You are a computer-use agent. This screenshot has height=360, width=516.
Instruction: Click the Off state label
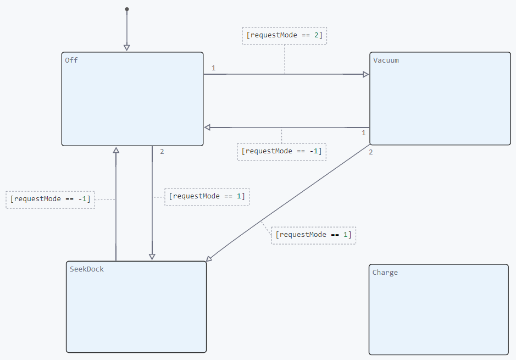point(71,60)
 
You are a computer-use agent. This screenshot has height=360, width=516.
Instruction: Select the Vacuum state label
point(386,60)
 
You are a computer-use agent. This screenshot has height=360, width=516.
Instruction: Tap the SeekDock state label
point(86,269)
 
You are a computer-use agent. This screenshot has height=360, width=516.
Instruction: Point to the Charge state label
point(385,273)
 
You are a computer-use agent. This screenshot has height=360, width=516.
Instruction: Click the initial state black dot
point(127,9)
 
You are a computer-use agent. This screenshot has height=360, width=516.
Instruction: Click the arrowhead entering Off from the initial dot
point(127,48)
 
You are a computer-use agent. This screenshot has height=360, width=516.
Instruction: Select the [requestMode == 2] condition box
point(285,36)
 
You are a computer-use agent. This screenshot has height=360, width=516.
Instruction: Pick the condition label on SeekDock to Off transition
point(51,200)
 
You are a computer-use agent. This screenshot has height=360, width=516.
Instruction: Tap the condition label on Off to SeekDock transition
point(207,197)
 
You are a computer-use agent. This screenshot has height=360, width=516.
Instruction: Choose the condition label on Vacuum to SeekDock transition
point(314,235)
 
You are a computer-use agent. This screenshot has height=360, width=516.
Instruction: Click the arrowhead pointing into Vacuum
point(366,74)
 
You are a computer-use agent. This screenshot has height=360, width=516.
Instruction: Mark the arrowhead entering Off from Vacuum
point(207,128)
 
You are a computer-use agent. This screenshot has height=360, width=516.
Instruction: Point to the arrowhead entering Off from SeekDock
point(116,150)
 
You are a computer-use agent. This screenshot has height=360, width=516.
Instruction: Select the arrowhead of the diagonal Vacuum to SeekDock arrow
point(209,259)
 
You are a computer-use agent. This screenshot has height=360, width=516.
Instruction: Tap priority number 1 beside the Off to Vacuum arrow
point(214,68)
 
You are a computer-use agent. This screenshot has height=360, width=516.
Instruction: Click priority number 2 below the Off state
point(162,152)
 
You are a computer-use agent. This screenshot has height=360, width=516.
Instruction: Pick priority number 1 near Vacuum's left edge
point(364,133)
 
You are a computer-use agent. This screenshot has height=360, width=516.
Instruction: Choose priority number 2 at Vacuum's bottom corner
point(371,152)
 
